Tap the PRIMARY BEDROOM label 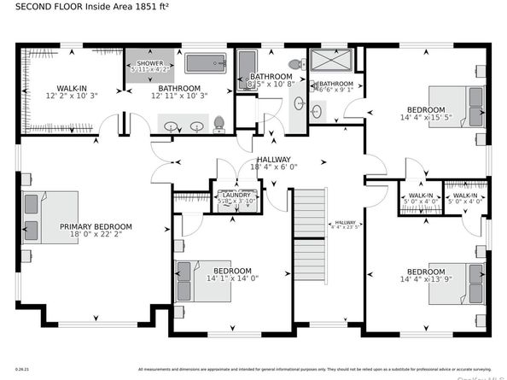click(96, 227)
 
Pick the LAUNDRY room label click(235, 194)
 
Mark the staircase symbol click(310, 235)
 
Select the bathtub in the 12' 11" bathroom click(204, 64)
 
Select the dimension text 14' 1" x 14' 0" click(232, 278)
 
